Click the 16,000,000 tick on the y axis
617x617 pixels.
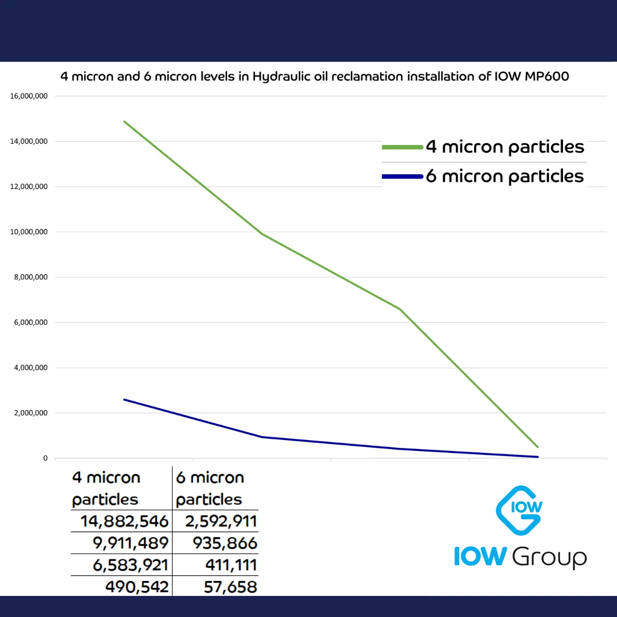point(29,96)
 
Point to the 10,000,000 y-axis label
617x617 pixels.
point(29,232)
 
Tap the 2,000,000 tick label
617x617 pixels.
point(31,413)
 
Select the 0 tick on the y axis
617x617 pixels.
point(45,458)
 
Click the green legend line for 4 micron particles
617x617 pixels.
point(403,148)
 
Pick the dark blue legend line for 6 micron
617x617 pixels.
point(403,177)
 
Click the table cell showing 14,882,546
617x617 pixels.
point(124,521)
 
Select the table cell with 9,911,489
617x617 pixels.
point(131,543)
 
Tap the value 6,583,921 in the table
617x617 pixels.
point(131,565)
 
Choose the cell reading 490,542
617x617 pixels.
point(137,587)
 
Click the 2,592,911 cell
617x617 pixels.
point(221,521)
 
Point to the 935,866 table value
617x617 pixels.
point(225,543)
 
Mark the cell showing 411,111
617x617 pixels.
point(231,565)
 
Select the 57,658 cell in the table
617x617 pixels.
point(230,587)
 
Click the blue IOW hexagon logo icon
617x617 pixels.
point(519,510)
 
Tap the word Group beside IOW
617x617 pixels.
point(549,557)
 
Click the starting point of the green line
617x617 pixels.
point(124,122)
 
